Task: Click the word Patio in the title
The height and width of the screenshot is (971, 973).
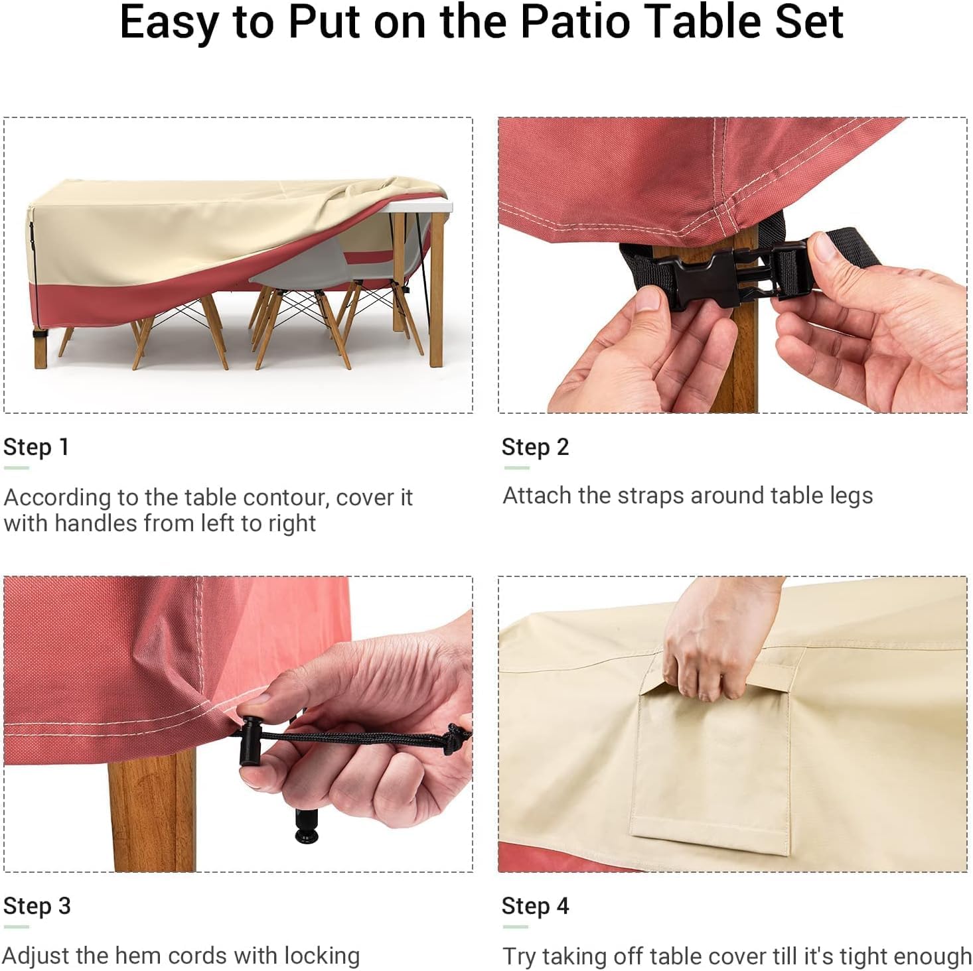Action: pyautogui.click(x=575, y=23)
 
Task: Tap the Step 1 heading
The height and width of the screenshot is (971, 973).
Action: pyautogui.click(x=36, y=446)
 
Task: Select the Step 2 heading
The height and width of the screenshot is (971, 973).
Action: pyautogui.click(x=535, y=446)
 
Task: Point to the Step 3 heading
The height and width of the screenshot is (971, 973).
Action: pyautogui.click(x=37, y=905)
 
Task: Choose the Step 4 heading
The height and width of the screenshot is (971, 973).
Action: pyautogui.click(x=535, y=905)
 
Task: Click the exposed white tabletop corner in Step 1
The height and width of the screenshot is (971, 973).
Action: pyautogui.click(x=424, y=206)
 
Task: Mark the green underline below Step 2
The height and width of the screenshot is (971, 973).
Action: pyautogui.click(x=516, y=468)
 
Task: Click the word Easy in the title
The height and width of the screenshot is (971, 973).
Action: pyautogui.click(x=171, y=24)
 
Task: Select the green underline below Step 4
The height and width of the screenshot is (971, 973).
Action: pyautogui.click(x=515, y=927)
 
